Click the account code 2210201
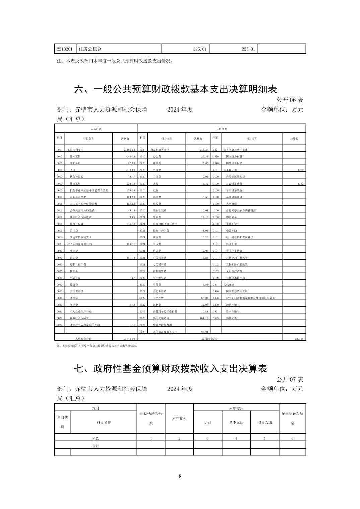65,49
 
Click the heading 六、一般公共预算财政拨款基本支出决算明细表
175,89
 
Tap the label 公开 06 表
290,100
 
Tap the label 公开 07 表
290,379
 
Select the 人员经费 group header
96,129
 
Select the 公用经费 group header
222,129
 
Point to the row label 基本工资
75,156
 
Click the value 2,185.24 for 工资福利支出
129,150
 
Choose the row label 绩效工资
75,184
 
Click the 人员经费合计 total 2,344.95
129,339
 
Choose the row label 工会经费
160,298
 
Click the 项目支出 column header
265,422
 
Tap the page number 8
180,476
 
